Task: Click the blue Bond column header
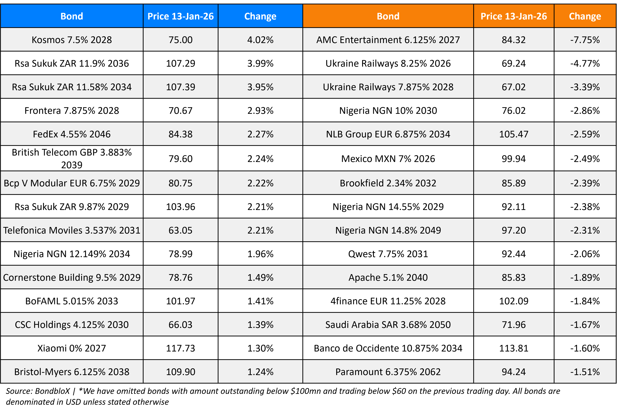[x=72, y=16]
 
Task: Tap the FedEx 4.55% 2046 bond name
[x=72, y=134]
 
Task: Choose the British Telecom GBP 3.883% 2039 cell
[x=72, y=158]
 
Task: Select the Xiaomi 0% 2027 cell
[x=72, y=348]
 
